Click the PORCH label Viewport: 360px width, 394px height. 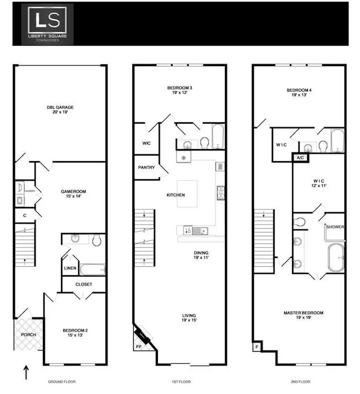coord(28,335)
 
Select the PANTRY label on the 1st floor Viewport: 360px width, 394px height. coord(146,167)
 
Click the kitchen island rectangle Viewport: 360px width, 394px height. coord(188,194)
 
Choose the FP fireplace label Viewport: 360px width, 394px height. coord(138,346)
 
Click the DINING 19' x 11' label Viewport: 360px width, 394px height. coord(201,255)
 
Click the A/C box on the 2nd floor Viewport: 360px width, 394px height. coord(300,158)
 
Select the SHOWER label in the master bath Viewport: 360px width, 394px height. coord(335,227)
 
